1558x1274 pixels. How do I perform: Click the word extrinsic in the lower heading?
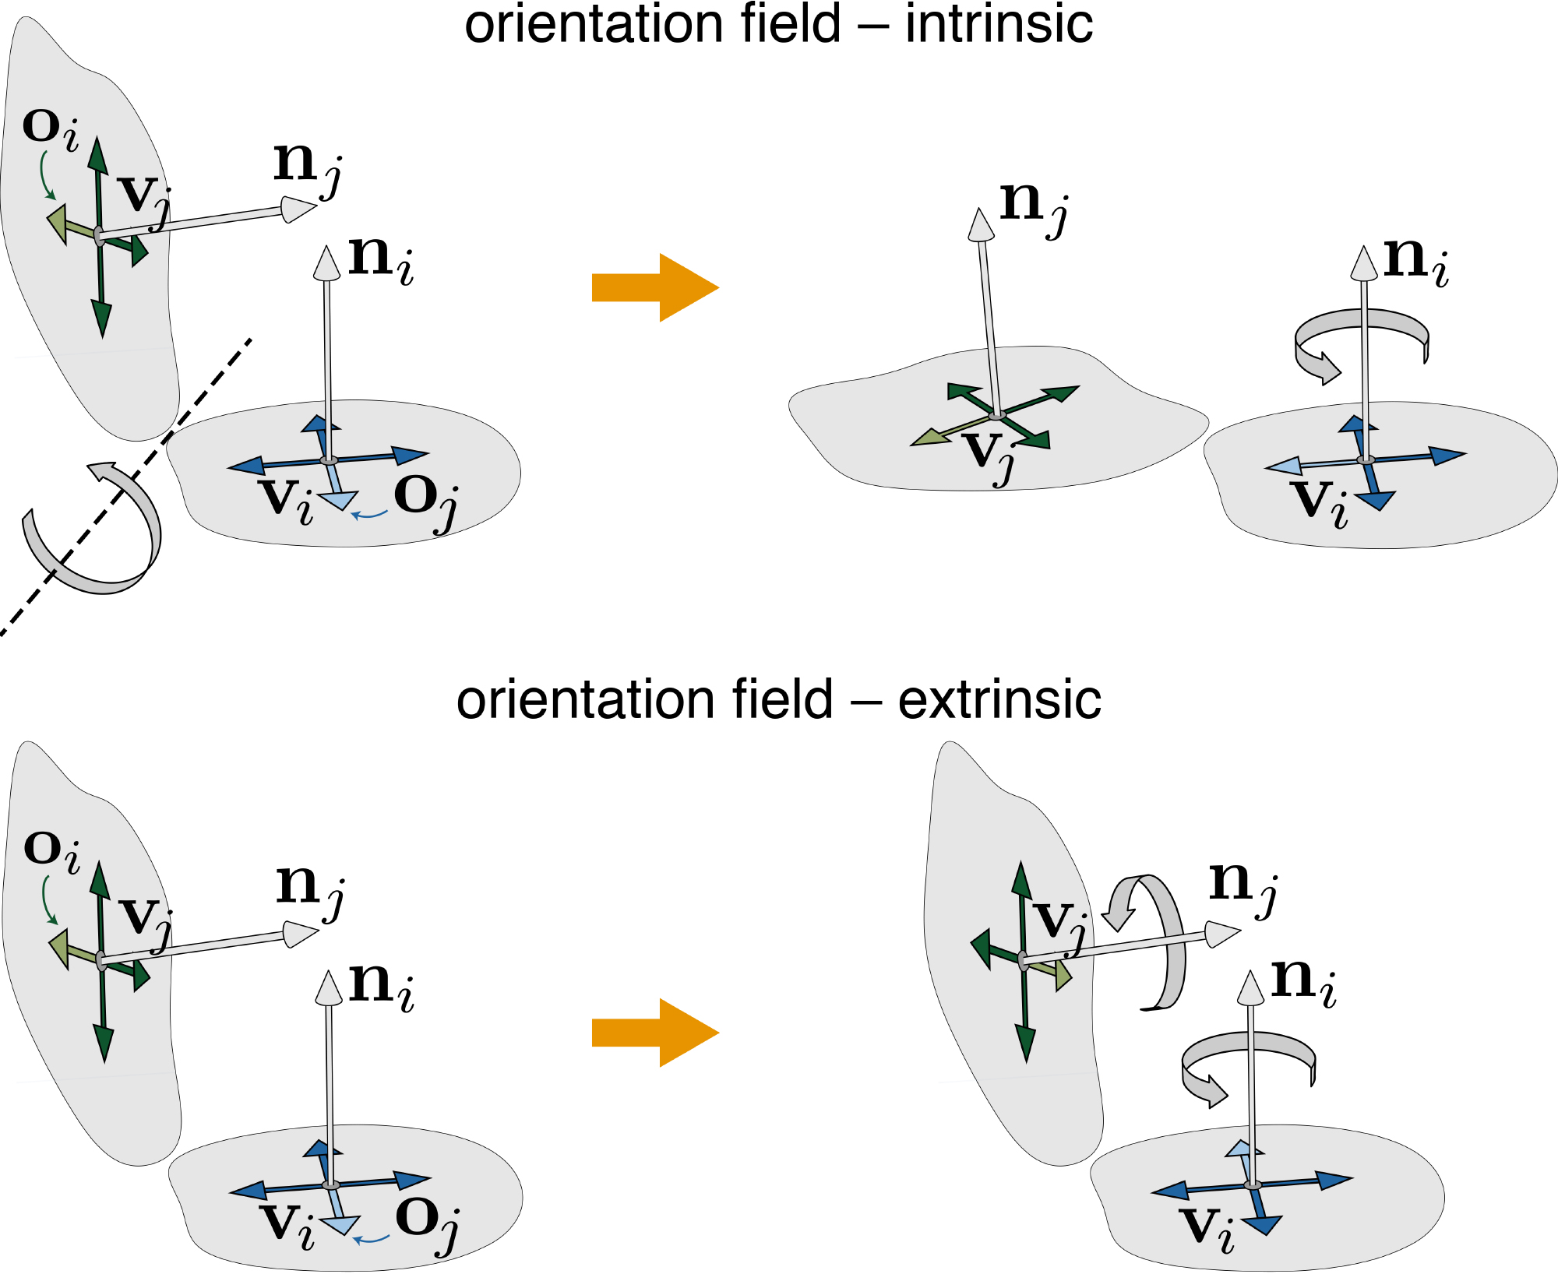click(x=1000, y=699)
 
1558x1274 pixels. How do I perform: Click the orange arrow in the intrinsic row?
click(x=655, y=287)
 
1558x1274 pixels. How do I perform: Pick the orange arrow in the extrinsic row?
click(x=655, y=1033)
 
